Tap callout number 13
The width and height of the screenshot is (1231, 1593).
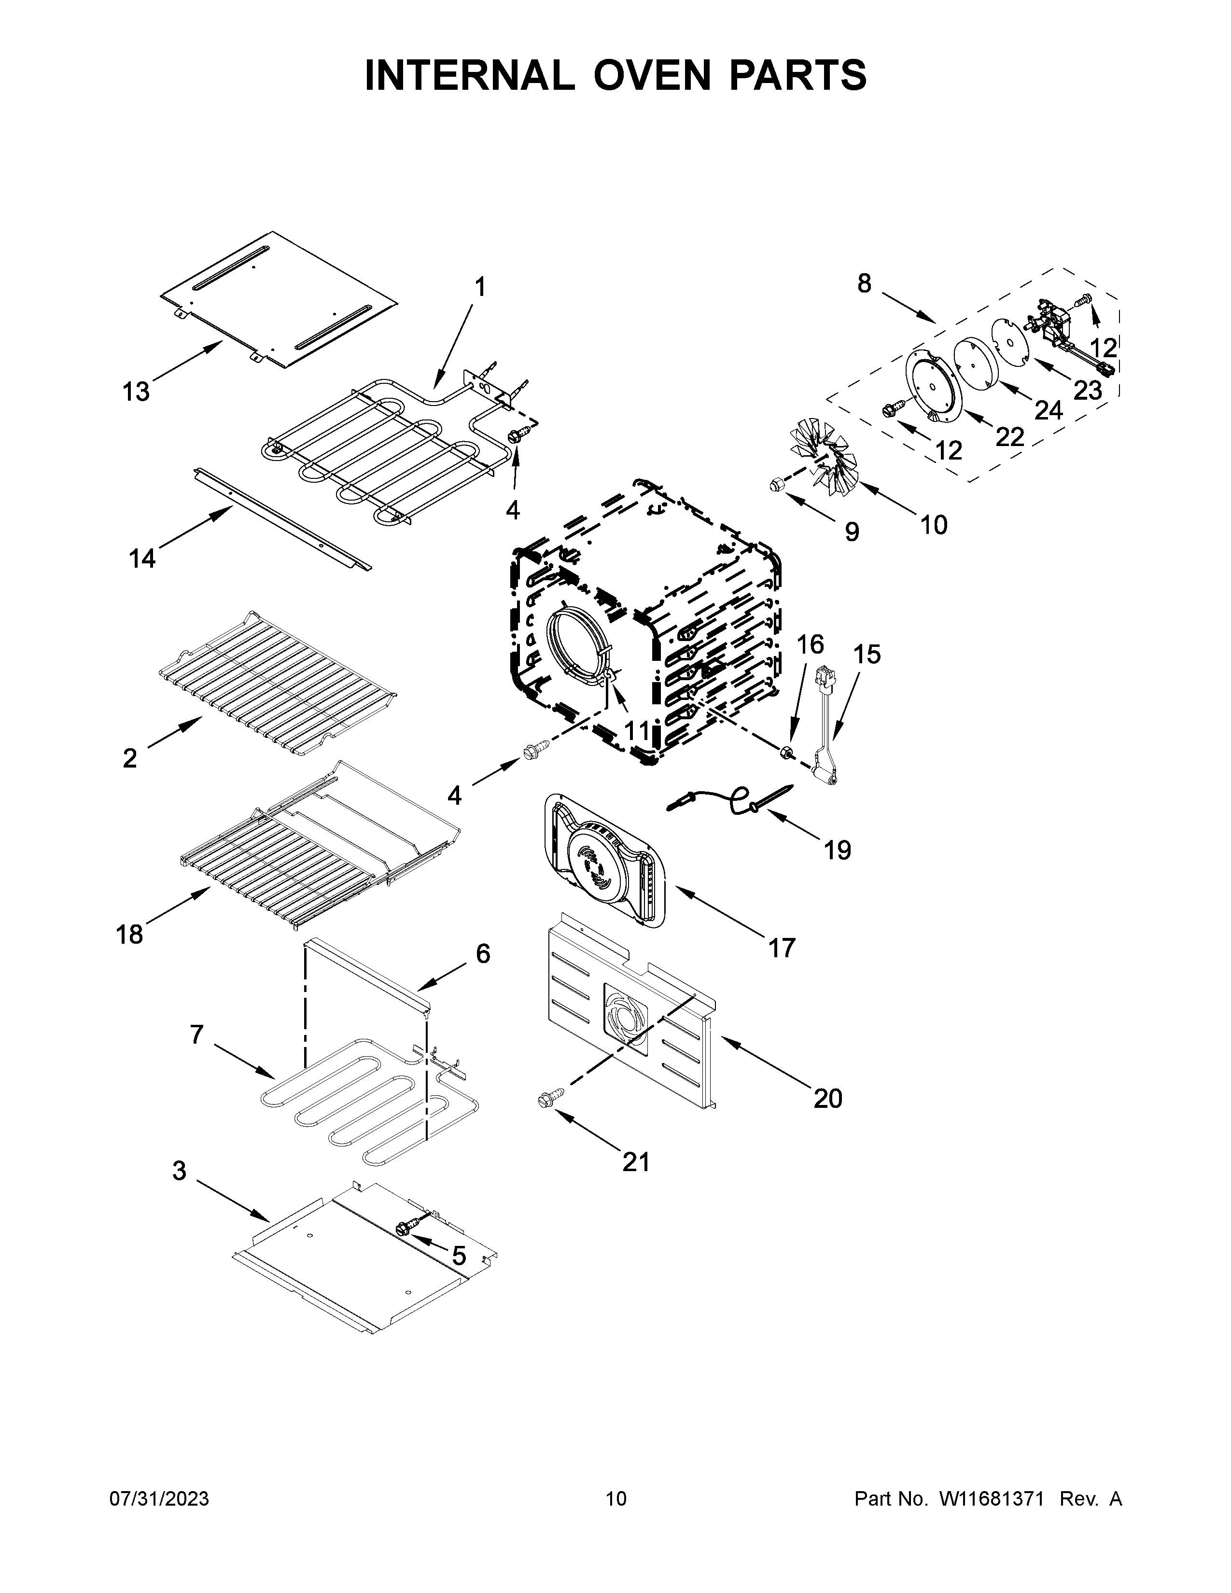[136, 391]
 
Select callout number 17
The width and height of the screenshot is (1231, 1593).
[781, 948]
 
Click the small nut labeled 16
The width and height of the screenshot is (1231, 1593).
[786, 752]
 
